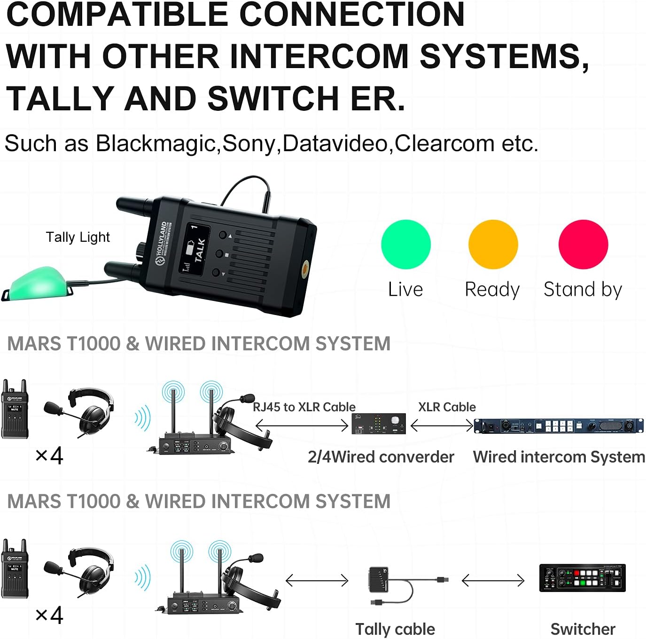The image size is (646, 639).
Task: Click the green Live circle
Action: tap(405, 244)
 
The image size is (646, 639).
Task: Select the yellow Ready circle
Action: tap(493, 244)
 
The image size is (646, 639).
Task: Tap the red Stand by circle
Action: tap(583, 244)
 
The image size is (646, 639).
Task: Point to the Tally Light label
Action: tap(78, 237)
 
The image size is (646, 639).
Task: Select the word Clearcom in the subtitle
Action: tap(444, 143)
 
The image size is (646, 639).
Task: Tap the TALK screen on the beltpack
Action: tap(196, 248)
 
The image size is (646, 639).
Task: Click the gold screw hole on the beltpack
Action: tap(304, 269)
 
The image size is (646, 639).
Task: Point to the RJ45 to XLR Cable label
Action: tap(304, 407)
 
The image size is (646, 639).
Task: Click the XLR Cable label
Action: tap(447, 407)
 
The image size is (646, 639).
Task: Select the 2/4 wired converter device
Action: tap(378, 424)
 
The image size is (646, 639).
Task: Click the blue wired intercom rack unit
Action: tap(559, 425)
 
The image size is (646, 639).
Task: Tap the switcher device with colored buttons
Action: tap(582, 578)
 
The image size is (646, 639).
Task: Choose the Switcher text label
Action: tap(583, 629)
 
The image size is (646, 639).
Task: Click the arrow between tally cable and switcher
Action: tap(493, 581)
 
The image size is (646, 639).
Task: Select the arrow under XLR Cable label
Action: tap(442, 425)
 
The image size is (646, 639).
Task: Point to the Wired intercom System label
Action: tap(559, 457)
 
